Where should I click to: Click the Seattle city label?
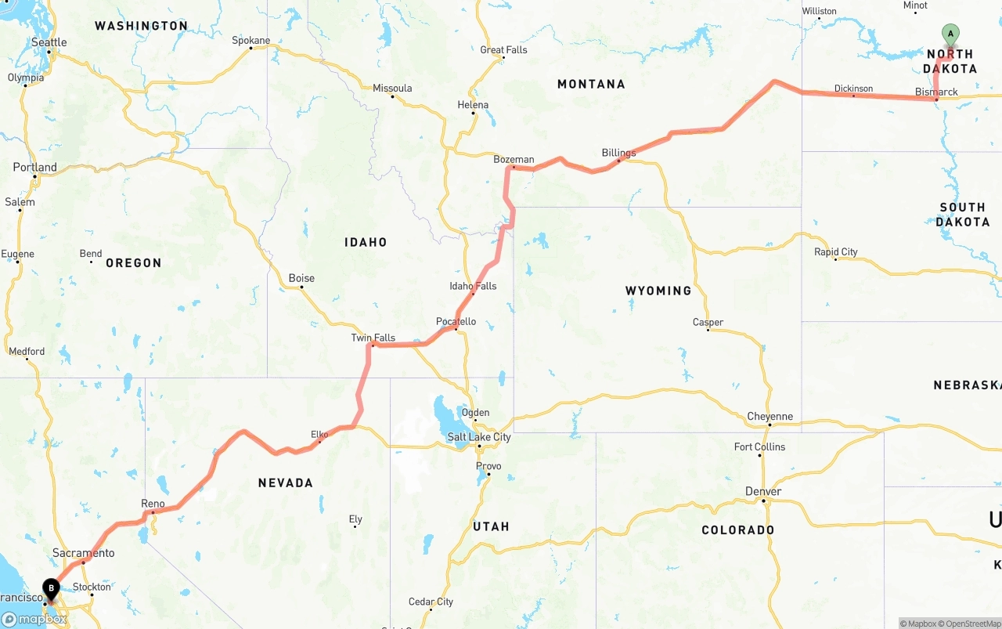[49, 42]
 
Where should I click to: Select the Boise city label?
[301, 278]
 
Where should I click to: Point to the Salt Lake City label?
[479, 437]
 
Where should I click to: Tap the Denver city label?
[762, 491]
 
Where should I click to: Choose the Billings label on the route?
[618, 153]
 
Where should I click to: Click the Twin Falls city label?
[373, 338]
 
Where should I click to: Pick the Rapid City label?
[836, 252]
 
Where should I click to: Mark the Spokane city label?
[251, 41]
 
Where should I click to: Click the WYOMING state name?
[658, 291]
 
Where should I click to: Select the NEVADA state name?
[286, 483]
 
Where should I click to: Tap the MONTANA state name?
[591, 84]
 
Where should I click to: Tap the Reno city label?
[153, 504]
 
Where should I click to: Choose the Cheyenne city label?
[770, 417]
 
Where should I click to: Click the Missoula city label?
[392, 89]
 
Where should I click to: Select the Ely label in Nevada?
[355, 519]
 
